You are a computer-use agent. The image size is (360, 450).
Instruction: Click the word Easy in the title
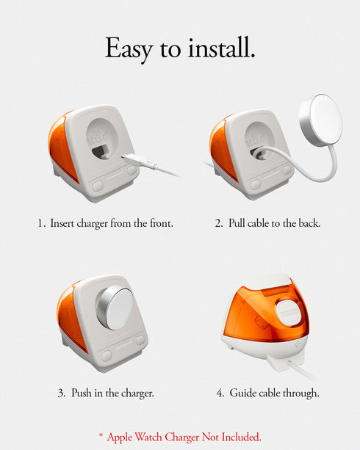tap(129, 48)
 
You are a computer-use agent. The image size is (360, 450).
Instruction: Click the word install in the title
tap(221, 47)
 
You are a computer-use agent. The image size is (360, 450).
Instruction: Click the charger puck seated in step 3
tap(115, 308)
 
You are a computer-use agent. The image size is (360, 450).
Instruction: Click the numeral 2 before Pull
tap(218, 223)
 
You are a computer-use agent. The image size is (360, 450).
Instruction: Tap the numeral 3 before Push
tap(61, 393)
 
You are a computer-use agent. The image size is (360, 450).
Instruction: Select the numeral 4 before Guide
tap(220, 393)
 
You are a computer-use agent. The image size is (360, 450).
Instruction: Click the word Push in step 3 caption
tap(82, 393)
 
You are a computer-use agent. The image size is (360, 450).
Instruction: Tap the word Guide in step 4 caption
tap(242, 393)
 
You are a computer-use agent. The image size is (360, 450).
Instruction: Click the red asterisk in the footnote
tap(101, 435)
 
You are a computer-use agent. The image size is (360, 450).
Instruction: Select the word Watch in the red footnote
tap(148, 437)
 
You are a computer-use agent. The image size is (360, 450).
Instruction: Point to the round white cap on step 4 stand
tap(288, 312)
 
